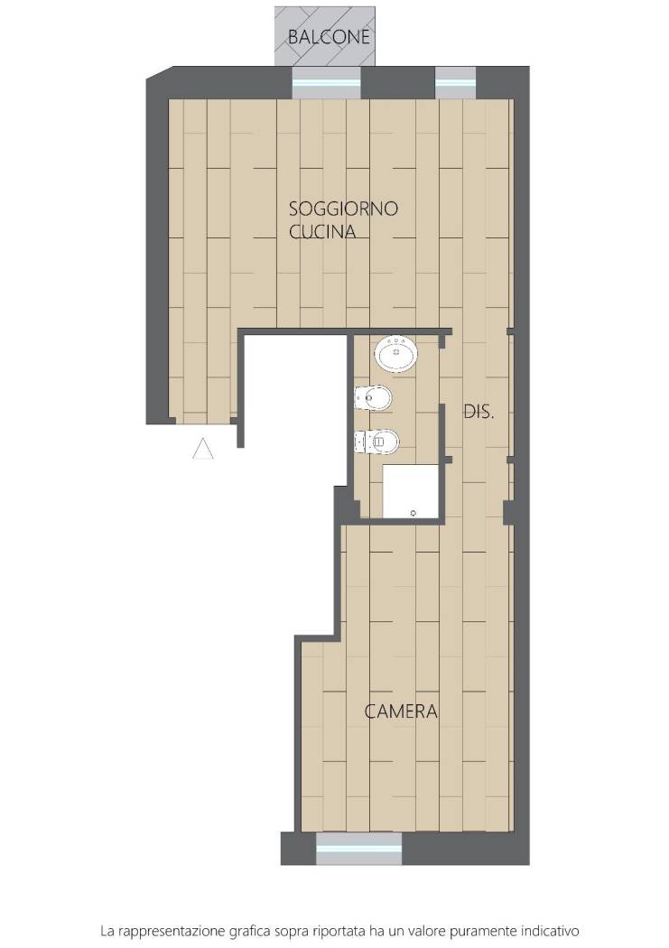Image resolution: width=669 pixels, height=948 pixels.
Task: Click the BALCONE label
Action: click(328, 37)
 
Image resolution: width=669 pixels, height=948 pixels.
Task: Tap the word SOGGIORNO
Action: click(343, 209)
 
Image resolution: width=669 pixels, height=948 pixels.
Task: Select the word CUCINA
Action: click(322, 231)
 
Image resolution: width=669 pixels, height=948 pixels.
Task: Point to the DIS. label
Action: click(479, 413)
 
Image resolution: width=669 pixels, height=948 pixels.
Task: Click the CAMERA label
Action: click(401, 711)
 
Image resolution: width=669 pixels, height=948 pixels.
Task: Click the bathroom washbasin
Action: click(395, 354)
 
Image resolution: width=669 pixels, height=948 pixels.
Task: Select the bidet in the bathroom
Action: click(373, 398)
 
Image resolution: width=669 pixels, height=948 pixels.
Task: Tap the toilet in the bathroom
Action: click(377, 441)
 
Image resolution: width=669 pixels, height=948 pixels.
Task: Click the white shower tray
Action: click(411, 491)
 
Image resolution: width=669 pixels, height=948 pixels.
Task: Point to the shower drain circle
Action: click(413, 514)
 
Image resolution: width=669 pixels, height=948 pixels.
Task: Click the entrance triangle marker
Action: click(202, 449)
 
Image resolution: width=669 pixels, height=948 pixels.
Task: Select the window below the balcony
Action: click(326, 83)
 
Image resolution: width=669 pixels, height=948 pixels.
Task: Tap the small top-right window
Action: click(456, 83)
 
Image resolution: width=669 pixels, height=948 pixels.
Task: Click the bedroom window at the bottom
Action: click(359, 849)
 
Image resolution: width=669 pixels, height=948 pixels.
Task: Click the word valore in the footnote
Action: click(438, 928)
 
